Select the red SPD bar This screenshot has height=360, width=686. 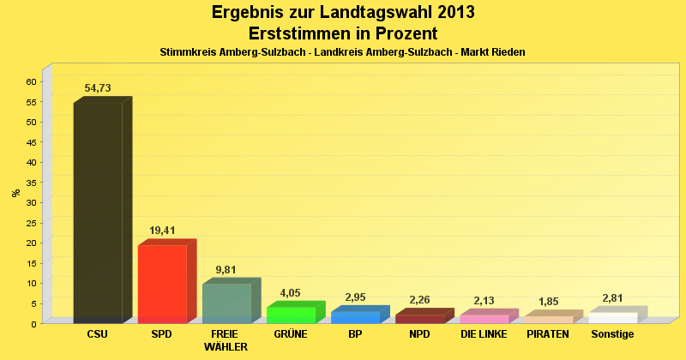tap(162, 284)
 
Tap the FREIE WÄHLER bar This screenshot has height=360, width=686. tap(226, 303)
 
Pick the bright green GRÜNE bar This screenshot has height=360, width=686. tap(291, 315)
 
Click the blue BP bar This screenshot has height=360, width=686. tap(355, 317)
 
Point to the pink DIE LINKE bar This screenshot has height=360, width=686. tap(484, 319)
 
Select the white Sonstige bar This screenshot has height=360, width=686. tap(612, 318)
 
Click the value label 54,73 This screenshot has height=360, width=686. tap(98, 88)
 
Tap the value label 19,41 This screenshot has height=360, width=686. tap(162, 231)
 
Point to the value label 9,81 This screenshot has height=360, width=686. tap(226, 270)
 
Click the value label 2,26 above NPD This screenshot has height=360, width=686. tap(419, 300)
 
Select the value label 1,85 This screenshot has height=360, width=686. tap(548, 302)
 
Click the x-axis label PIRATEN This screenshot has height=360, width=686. tap(548, 334)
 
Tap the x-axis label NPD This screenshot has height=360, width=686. tap(419, 334)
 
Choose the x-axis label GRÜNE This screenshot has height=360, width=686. tap(291, 334)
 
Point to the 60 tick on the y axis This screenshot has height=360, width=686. tap(31, 81)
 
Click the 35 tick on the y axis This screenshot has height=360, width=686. tap(31, 183)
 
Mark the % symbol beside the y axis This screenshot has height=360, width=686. tap(16, 193)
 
